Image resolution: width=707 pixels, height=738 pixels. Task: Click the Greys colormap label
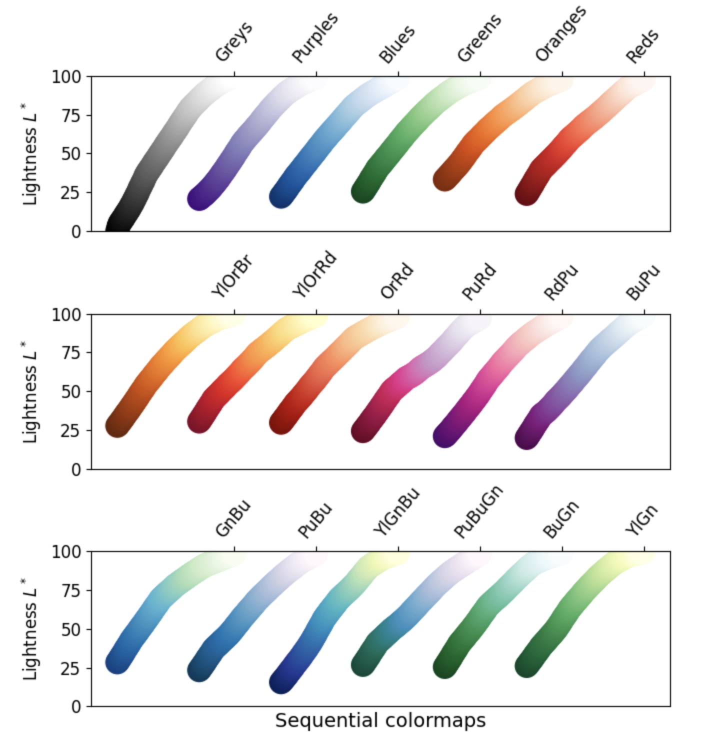point(233,43)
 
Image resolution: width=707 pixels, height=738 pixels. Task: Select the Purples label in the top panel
point(314,38)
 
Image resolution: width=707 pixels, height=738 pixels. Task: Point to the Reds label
point(642,46)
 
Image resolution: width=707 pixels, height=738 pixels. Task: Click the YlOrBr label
point(232,276)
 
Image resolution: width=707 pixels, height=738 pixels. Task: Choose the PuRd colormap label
point(479,282)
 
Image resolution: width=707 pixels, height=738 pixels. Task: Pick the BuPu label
point(642,283)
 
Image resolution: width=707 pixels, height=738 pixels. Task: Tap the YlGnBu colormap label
point(396,512)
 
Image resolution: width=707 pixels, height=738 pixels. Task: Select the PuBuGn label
point(478,512)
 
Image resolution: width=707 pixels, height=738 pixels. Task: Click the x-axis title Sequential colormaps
point(380,720)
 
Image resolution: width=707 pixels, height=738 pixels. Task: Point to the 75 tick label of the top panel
point(70,115)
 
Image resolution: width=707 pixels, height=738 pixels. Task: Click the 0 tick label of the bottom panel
point(76,706)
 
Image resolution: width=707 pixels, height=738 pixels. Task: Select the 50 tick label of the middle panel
point(70,391)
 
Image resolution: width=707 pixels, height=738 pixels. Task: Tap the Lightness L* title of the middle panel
point(30,391)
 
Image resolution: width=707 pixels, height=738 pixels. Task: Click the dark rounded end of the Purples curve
point(199,198)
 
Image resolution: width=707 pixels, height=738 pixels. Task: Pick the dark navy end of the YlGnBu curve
point(281,682)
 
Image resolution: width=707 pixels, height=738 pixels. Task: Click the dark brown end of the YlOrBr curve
point(117,425)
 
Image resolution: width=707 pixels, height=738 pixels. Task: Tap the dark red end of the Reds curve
point(526,193)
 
